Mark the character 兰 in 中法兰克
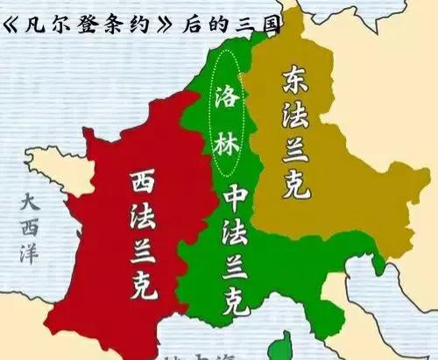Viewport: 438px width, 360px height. (234, 267)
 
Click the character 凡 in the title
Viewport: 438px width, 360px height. (38, 20)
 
